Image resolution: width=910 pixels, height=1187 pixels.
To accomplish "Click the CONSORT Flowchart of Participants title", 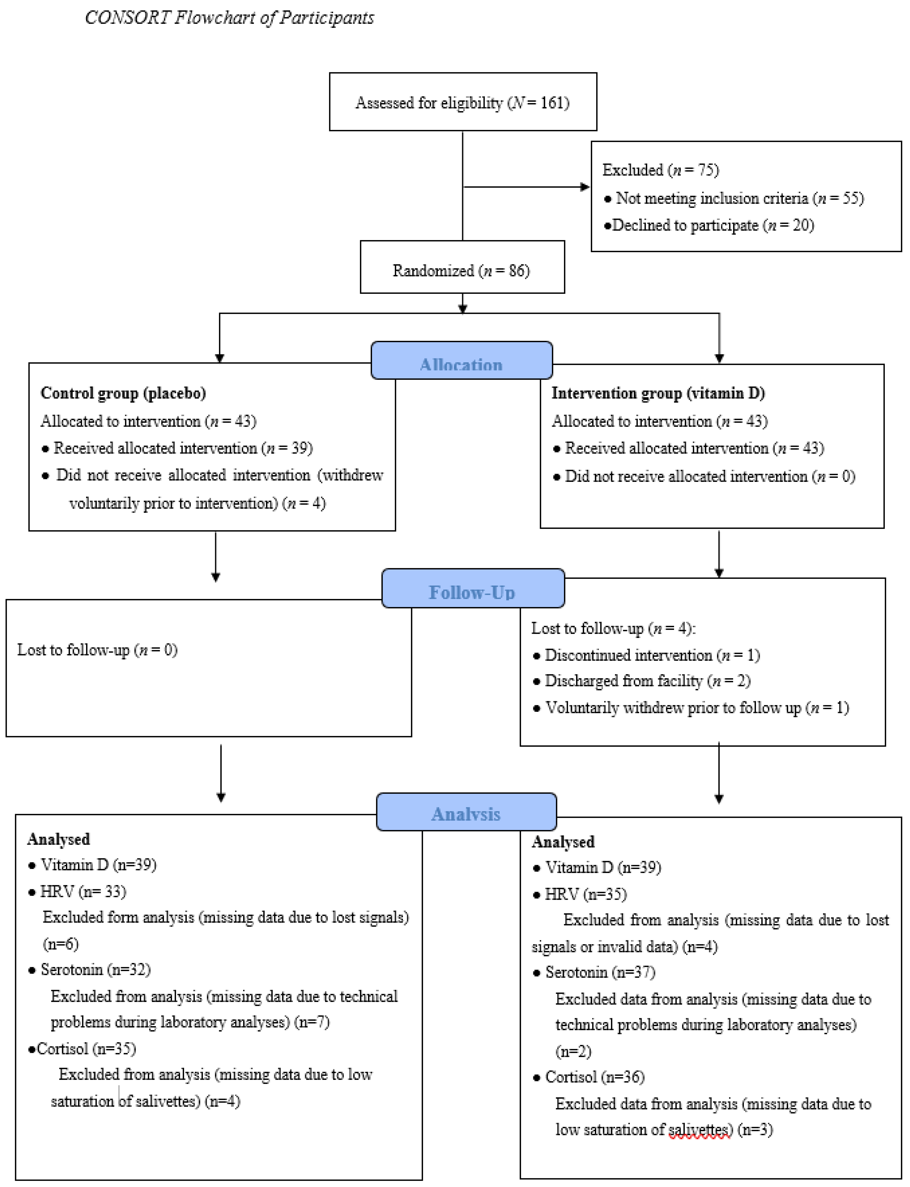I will (229, 18).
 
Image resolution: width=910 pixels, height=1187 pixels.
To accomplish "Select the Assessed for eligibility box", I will (463, 102).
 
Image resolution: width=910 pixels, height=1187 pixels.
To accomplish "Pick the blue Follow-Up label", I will (472, 591).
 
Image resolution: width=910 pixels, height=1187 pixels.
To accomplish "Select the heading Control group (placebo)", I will (123, 393).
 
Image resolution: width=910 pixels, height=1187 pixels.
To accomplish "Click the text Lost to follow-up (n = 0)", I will (97, 649).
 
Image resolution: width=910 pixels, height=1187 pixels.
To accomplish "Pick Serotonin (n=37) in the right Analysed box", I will (600, 972).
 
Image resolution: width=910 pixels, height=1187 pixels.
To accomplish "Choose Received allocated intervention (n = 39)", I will (183, 448).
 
